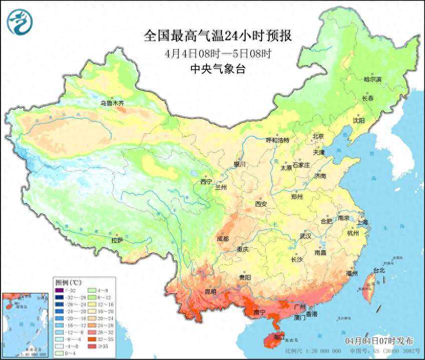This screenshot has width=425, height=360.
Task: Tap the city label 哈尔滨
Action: click(x=372, y=79)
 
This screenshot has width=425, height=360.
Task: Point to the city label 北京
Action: click(x=319, y=136)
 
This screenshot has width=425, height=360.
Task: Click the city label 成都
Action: click(x=224, y=239)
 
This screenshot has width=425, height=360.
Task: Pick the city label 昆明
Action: click(x=210, y=291)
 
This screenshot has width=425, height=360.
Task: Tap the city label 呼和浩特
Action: click(x=277, y=140)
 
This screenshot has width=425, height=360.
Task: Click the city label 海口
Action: click(x=278, y=336)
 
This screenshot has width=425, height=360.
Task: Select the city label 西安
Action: click(x=261, y=204)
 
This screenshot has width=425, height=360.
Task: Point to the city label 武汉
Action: click(x=305, y=236)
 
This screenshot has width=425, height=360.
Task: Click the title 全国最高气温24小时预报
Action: click(x=218, y=36)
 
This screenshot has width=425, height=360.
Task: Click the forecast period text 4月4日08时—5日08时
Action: click(x=218, y=53)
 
